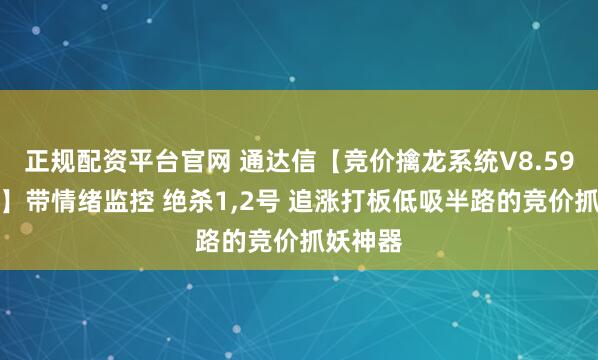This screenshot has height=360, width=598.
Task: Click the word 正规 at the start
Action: [33, 158]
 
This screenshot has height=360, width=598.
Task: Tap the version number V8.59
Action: [496, 158]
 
